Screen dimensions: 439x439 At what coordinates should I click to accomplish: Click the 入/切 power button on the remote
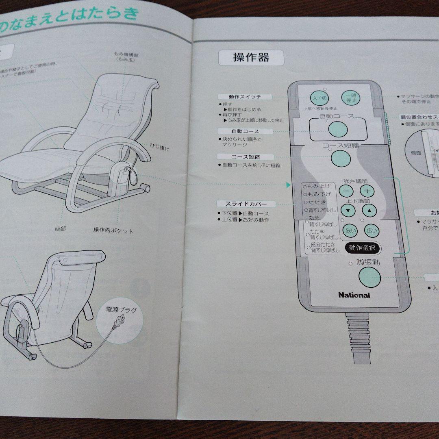click(x=318, y=98)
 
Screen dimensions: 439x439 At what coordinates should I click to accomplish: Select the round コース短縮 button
click(x=341, y=158)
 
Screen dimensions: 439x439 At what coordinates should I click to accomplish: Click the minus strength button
click(x=346, y=191)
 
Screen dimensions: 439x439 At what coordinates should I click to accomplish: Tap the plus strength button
click(x=367, y=191)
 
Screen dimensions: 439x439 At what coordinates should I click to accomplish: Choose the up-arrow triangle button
click(x=369, y=210)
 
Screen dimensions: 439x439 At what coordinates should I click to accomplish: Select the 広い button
click(x=372, y=231)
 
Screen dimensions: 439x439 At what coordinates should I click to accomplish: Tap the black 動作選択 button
click(x=362, y=248)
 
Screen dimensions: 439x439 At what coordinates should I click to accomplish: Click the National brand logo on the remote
click(x=354, y=295)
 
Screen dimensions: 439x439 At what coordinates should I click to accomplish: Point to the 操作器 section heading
click(x=251, y=58)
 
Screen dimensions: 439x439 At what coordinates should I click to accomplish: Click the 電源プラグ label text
click(x=121, y=310)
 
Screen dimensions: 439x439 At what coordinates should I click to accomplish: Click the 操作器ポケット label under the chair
click(x=113, y=230)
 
